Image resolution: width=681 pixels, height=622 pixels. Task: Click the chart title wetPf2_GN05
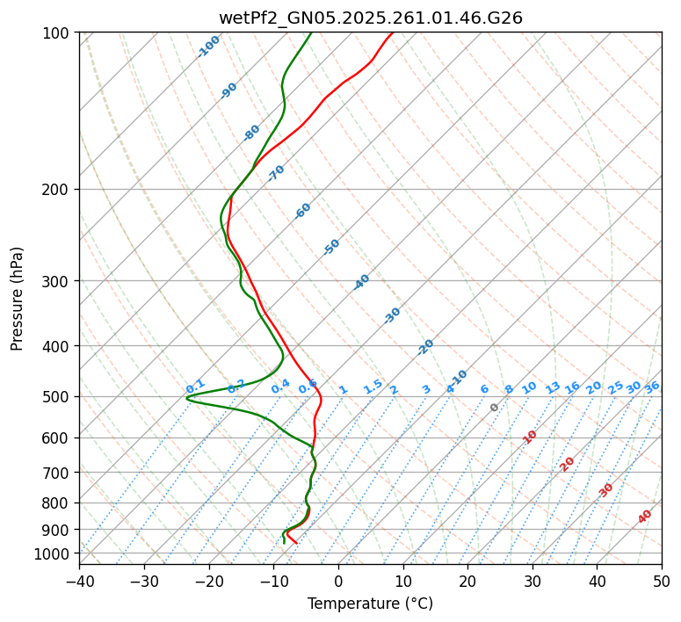pos(370,18)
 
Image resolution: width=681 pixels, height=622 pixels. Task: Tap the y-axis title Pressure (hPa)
pos(18,299)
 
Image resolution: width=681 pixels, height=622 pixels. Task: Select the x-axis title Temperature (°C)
pos(370,604)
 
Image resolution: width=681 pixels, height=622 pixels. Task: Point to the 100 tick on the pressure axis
pos(59,33)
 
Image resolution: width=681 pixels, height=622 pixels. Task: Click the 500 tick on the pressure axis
pos(59,396)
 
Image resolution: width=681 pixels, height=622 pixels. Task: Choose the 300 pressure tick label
pos(59,281)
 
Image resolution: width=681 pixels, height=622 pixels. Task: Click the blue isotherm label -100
pos(209,46)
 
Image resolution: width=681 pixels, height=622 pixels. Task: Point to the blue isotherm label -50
pos(331,247)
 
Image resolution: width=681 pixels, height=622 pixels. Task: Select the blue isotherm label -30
pos(392,315)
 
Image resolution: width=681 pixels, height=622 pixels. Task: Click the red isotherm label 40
pos(645,517)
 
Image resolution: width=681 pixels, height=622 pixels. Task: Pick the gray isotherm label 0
pos(495,408)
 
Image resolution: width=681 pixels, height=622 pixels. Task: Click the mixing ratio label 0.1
pos(195,386)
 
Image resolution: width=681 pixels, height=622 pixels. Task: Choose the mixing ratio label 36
pos(652,387)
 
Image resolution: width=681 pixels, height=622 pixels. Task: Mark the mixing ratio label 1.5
pos(373,386)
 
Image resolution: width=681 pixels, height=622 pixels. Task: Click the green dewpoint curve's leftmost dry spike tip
pos(186,399)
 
